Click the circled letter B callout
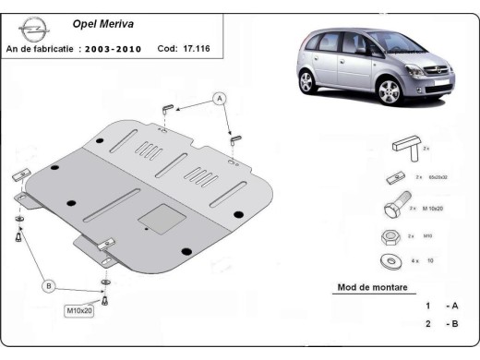pyautogui.click(x=50, y=286)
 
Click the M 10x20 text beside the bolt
pyautogui.click(x=434, y=210)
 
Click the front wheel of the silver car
pyautogui.click(x=390, y=93)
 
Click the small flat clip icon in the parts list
pyautogui.click(x=389, y=177)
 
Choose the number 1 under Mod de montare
pyautogui.click(x=427, y=306)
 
